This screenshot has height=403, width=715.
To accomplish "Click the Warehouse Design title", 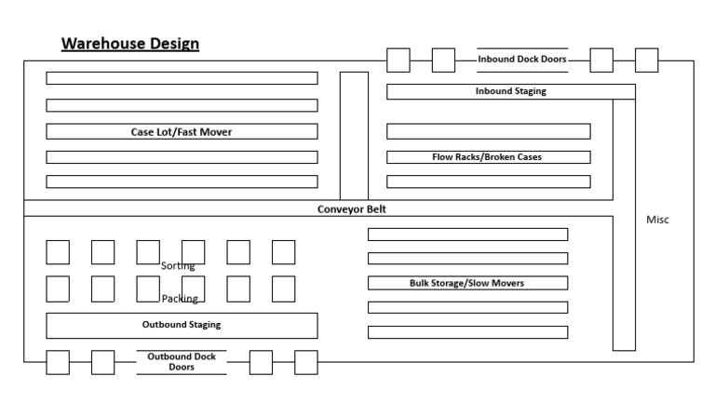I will coord(129,44).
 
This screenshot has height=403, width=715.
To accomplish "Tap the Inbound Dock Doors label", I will coord(521,60).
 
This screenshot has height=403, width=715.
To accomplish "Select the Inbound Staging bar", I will coord(510,91).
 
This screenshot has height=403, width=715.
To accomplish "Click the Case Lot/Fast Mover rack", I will coord(182,131).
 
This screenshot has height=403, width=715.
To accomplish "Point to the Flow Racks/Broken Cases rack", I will coord(488,156).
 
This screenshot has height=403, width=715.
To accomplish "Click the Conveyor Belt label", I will coord(351,209).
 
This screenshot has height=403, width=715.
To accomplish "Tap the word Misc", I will coord(657,220).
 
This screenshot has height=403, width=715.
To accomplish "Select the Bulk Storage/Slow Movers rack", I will coord(467,283).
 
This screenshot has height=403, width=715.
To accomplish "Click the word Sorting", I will coord(178,266).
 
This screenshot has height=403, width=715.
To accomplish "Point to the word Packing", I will coord(179,299).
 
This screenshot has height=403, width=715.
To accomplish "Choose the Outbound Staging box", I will coord(182,325).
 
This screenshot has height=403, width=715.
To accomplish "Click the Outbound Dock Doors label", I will coord(182,361).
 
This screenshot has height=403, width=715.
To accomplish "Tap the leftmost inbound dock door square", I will coord(398,60).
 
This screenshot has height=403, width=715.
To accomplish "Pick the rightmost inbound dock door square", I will coord(646,60).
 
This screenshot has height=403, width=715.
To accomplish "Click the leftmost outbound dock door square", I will coord(58,362).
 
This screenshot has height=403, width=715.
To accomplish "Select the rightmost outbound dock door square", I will coord(306,362).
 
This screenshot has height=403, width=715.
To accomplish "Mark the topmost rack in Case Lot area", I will coord(182,78).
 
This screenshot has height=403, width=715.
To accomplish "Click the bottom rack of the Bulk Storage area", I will coord(467,332).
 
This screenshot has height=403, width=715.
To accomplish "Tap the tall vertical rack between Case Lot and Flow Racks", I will coord(354,135).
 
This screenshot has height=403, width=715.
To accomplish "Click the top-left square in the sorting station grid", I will coord(58,252).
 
